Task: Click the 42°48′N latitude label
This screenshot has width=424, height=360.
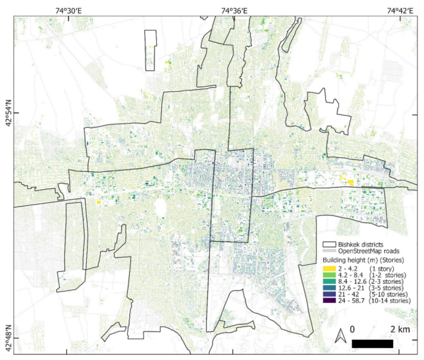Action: pyautogui.click(x=8, y=337)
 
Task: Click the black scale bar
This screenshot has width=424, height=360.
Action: pyautogui.click(x=372, y=344)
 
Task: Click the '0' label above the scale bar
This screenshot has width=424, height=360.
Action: pyautogui.click(x=353, y=330)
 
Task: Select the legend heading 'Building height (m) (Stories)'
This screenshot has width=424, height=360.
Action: pyautogui.click(x=363, y=260)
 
